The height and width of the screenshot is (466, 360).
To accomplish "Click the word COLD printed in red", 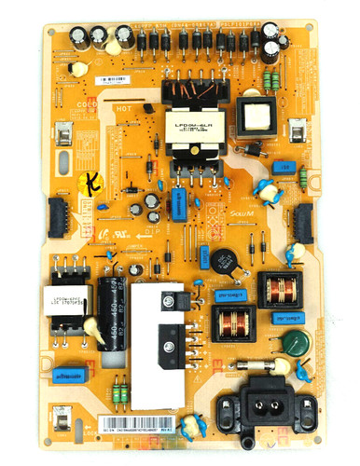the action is click(88, 104).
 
